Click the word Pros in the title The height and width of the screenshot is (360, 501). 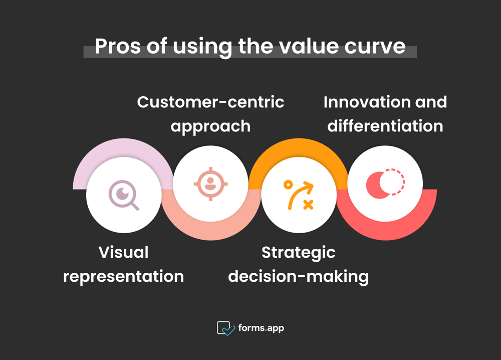[x=118, y=46]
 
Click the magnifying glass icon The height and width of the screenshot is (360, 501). [x=124, y=196]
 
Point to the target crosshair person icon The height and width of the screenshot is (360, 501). [x=210, y=184]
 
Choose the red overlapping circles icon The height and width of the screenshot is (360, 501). [x=385, y=184]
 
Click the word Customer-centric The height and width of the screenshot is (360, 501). [x=210, y=102]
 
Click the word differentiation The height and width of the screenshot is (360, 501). [x=385, y=126]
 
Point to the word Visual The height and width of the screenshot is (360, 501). [x=124, y=252]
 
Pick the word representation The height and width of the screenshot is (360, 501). [x=124, y=277]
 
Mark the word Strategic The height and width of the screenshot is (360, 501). [x=299, y=253]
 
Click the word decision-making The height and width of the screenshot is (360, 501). [x=299, y=277]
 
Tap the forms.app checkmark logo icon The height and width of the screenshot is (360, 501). [x=226, y=328]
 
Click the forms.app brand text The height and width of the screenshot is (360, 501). [x=261, y=328]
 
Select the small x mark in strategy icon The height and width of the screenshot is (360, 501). [x=308, y=205]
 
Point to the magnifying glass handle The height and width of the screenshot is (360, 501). [x=134, y=206]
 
